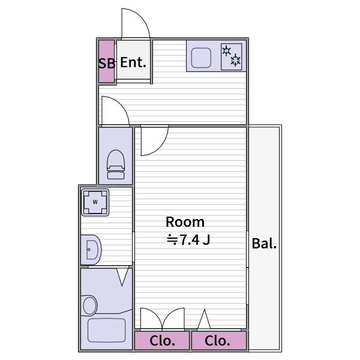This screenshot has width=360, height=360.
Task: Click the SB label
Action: [107, 62]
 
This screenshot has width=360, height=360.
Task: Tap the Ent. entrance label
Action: [133, 62]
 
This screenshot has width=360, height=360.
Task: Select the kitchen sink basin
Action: [200, 58]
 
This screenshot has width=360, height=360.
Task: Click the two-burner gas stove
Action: [231, 55]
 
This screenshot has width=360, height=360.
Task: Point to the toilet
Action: [116, 164]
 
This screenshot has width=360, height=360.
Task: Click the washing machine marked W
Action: [95, 202]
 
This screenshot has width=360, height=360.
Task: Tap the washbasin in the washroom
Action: [91, 249]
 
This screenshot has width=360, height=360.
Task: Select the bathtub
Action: [106, 329]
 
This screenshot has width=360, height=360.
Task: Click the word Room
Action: [185, 221]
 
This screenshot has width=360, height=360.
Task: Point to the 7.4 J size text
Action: [188, 240]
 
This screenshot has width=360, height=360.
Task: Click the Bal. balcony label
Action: [264, 244]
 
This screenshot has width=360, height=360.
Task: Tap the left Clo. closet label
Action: [162, 341]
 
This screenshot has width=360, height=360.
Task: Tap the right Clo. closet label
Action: [217, 341]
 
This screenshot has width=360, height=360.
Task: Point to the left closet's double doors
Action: [162, 319]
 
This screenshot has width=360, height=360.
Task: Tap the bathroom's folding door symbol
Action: [123, 276]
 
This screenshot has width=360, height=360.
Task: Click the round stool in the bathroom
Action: [90, 305]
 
